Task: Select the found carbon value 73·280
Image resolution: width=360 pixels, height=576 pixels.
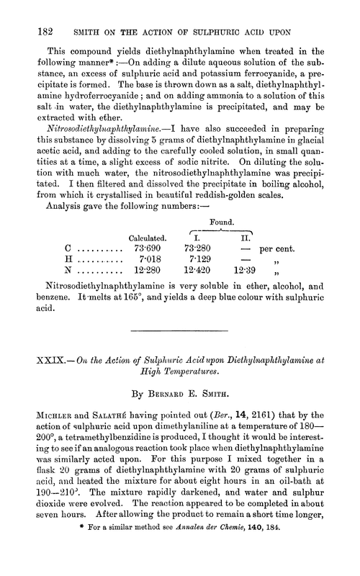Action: point(202,248)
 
